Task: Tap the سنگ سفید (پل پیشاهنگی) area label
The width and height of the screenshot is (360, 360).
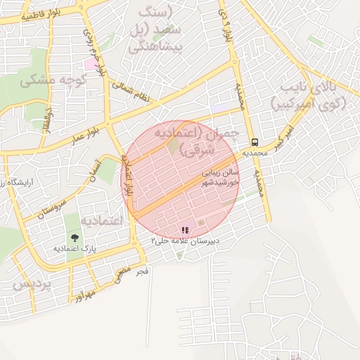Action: (x=158, y=32)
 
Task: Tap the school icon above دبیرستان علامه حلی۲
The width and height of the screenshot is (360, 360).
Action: (x=185, y=229)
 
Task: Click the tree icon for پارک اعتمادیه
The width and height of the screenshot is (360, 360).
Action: (x=75, y=238)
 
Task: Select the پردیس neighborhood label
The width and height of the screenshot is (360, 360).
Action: (x=32, y=284)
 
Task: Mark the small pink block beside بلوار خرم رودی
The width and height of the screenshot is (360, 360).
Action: (x=92, y=64)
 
